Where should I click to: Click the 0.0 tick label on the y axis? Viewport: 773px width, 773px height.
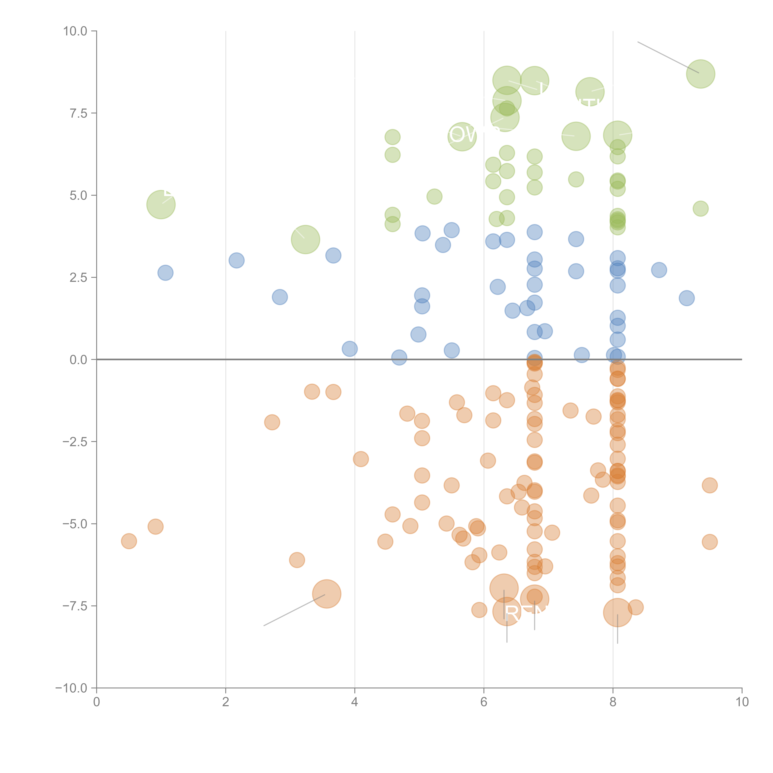coord(78,360)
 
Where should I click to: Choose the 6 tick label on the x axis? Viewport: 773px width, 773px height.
coord(484,702)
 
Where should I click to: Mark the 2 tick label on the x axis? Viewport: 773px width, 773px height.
coord(226,702)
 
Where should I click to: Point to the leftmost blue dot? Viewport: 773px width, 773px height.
coord(165,273)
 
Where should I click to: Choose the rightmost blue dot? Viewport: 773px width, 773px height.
coord(687,298)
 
